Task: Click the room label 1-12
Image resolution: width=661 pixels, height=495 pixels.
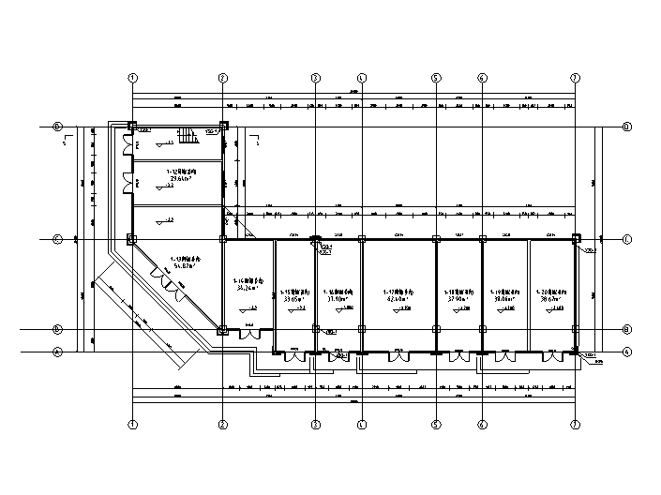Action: click(x=181, y=172)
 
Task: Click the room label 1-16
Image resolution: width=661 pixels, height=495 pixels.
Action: click(x=338, y=292)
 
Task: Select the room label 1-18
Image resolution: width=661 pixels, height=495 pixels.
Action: click(x=458, y=292)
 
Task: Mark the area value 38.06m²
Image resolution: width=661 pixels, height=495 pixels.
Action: click(x=504, y=300)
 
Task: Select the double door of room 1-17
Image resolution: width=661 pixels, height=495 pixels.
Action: click(x=398, y=357)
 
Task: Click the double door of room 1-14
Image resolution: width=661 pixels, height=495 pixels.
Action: click(x=248, y=335)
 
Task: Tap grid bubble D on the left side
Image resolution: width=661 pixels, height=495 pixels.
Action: click(x=58, y=126)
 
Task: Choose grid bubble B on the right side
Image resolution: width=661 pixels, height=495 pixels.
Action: click(x=626, y=330)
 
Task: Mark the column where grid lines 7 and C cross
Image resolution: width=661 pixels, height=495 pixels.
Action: click(x=575, y=239)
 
